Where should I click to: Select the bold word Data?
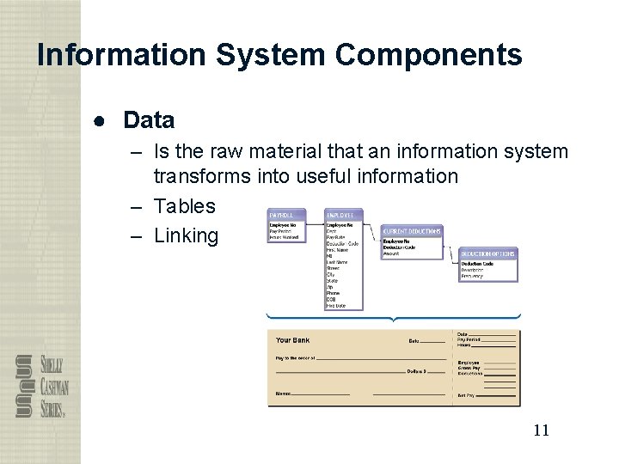pyautogui.click(x=149, y=120)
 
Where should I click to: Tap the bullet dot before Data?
pyautogui.click(x=101, y=120)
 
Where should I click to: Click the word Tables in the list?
pyautogui.click(x=185, y=206)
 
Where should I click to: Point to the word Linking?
pyautogui.click(x=187, y=235)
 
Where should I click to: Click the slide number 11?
pyautogui.click(x=540, y=430)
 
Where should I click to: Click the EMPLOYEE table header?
pyautogui.click(x=340, y=214)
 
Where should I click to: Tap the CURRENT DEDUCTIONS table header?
pyautogui.click(x=412, y=231)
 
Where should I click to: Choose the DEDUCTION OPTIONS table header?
pyautogui.click(x=488, y=253)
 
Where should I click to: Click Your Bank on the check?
pyautogui.click(x=293, y=340)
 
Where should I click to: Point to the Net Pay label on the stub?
pyautogui.click(x=467, y=395)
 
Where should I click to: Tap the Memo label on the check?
pyautogui.click(x=283, y=394)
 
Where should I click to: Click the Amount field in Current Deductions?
pyautogui.click(x=392, y=253)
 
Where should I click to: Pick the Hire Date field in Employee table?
pyautogui.click(x=335, y=305)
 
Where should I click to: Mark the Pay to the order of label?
pyautogui.click(x=295, y=357)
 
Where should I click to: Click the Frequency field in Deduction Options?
pyautogui.click(x=472, y=276)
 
